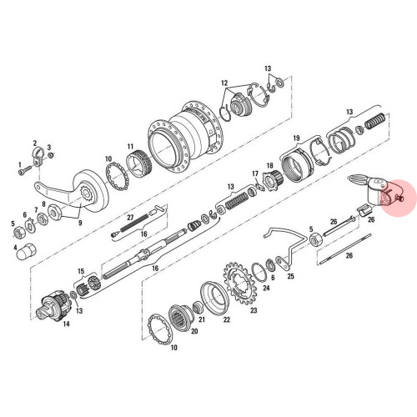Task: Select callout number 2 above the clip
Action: pyautogui.click(x=35, y=143)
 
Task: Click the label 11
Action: pyautogui.click(x=130, y=147)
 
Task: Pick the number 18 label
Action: pyautogui.click(x=269, y=166)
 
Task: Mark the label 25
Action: pyautogui.click(x=291, y=275)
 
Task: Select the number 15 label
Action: pyautogui.click(x=81, y=271)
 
